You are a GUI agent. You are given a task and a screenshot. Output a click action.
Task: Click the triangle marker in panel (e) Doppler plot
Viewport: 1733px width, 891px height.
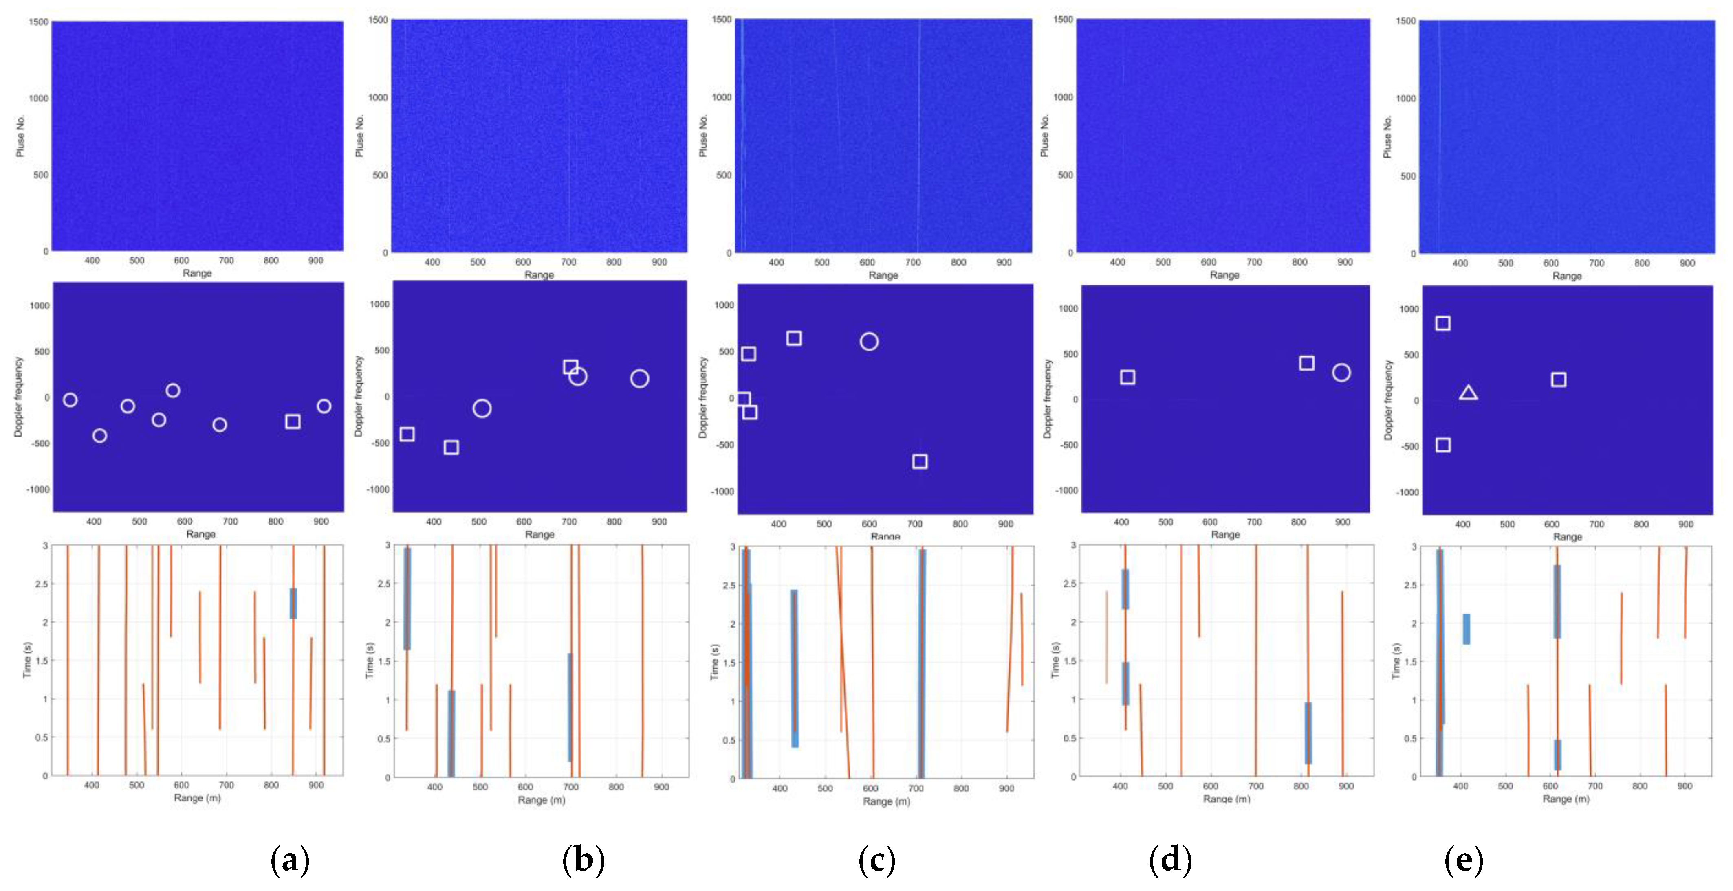point(1468,393)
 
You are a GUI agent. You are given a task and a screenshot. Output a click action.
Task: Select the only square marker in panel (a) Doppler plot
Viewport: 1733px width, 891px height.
point(292,421)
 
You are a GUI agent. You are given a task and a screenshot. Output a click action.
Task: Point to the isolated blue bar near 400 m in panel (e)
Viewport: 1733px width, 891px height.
point(1466,629)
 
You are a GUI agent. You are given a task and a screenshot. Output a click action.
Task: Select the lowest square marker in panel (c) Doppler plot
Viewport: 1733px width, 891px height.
point(920,461)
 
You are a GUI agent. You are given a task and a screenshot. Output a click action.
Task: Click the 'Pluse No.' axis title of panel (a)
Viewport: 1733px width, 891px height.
point(20,136)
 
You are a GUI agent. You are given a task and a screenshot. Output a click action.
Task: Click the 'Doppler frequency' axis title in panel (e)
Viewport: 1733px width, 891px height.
point(1388,400)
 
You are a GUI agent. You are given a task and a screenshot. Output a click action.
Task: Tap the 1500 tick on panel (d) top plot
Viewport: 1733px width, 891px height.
point(1063,20)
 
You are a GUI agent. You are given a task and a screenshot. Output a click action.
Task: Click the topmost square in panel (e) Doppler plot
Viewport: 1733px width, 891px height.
point(1442,323)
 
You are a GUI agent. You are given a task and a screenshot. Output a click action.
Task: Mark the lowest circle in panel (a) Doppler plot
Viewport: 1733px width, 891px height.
point(99,436)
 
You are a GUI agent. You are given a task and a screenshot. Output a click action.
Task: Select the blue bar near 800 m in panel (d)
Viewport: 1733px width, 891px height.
point(1308,733)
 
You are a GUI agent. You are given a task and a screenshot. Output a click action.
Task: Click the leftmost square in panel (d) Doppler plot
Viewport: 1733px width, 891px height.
point(1127,377)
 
